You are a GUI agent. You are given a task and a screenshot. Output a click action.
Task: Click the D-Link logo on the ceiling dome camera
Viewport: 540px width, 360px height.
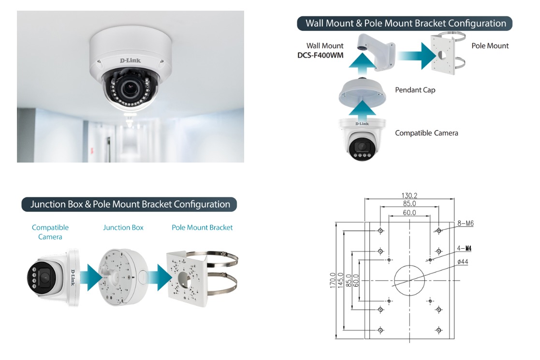pos(130,60)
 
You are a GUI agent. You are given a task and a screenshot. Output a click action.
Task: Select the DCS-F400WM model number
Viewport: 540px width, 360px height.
pos(321,55)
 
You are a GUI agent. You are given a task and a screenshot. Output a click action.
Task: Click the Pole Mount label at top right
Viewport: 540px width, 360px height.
pos(490,46)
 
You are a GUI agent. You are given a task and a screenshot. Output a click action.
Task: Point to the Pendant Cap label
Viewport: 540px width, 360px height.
pos(415,90)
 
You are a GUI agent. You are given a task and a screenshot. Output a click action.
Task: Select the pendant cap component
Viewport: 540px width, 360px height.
pos(362,93)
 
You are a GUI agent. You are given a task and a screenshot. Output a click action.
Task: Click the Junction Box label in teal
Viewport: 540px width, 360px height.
pos(123,227)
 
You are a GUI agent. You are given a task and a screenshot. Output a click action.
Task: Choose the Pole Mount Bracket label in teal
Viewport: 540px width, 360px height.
pos(202,227)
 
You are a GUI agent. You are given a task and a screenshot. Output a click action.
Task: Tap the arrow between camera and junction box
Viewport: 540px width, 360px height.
pos(91,277)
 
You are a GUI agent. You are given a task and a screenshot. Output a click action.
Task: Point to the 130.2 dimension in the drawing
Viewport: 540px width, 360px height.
pos(409,195)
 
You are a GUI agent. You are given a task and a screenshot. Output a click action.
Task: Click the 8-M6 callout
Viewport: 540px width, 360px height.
pos(465,224)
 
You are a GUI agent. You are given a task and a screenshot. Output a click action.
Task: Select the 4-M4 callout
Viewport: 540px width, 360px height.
pos(464,248)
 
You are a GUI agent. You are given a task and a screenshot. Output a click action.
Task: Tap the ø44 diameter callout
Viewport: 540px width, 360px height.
pos(463,262)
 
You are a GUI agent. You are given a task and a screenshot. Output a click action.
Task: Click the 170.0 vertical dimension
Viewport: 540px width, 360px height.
pos(332,280)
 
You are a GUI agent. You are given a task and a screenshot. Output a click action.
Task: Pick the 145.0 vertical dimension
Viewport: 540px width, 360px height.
pos(341,280)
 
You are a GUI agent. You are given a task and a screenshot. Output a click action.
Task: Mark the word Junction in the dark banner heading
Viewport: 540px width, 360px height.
pos(48,205)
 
